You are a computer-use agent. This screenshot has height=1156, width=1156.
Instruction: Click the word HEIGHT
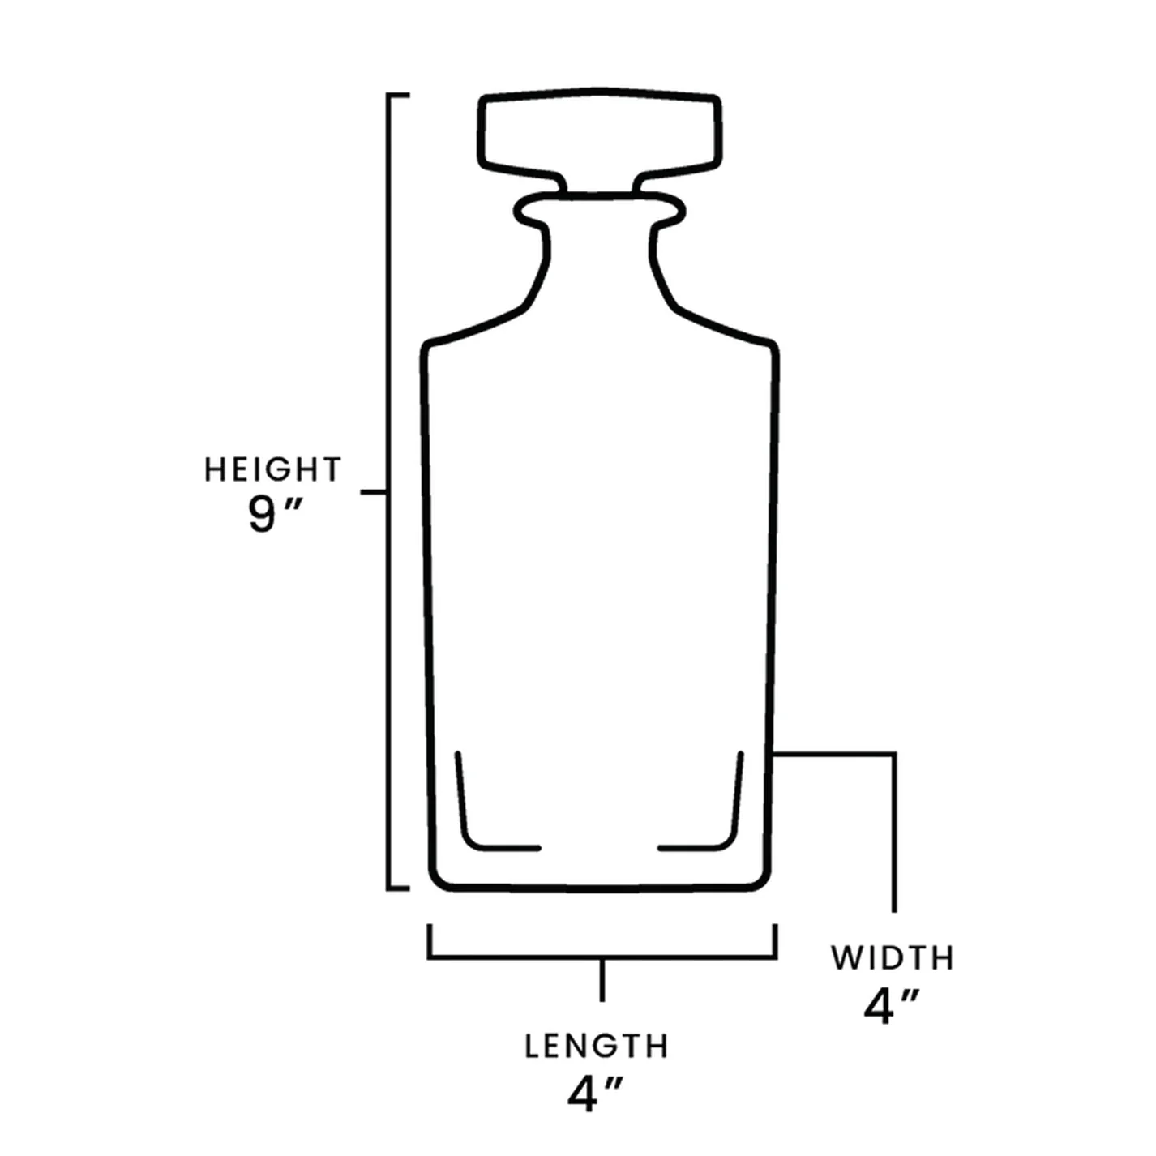pos(272,470)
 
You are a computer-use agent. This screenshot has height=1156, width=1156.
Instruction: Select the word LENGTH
pos(597,1047)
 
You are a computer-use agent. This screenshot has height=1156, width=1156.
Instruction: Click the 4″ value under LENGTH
pos(595,1094)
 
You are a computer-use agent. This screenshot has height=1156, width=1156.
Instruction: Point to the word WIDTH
pos(893,958)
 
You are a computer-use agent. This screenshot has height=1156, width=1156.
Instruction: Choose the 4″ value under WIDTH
pos(891,1007)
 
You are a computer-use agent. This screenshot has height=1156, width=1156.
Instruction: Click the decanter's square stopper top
pos(599,134)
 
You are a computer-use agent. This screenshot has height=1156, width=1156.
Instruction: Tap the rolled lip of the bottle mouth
pos(599,209)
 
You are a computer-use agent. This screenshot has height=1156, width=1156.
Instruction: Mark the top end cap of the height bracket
pos(398,96)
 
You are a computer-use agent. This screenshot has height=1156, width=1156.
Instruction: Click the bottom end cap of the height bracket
pos(398,888)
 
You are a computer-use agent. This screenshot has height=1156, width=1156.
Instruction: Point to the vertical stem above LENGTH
pos(602,979)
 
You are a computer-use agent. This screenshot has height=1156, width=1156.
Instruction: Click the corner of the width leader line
pos(894,755)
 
